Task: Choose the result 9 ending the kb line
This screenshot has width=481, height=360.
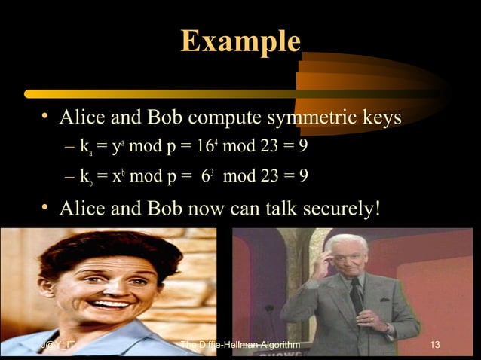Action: tap(302, 176)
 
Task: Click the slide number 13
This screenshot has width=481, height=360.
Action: tap(433, 346)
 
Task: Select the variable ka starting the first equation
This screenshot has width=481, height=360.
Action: tap(85, 148)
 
